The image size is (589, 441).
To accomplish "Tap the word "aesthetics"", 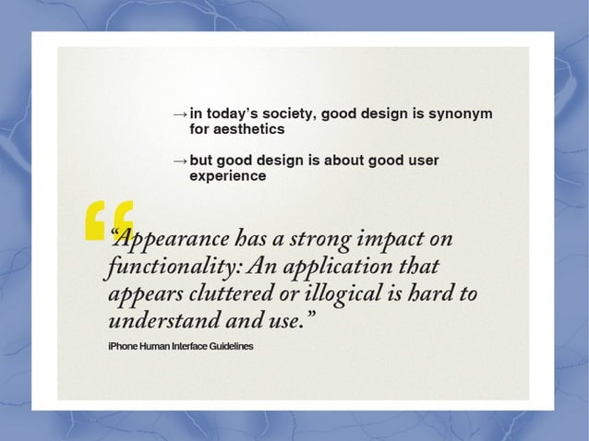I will tap(243, 130).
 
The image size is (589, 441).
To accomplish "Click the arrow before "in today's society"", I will tap(180, 114).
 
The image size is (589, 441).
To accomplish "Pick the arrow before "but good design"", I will tap(180, 161).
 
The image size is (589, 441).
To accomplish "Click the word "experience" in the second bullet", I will tap(227, 175).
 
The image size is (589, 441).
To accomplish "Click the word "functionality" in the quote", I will tap(162, 268).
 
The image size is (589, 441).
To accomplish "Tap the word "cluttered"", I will tap(225, 296).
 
